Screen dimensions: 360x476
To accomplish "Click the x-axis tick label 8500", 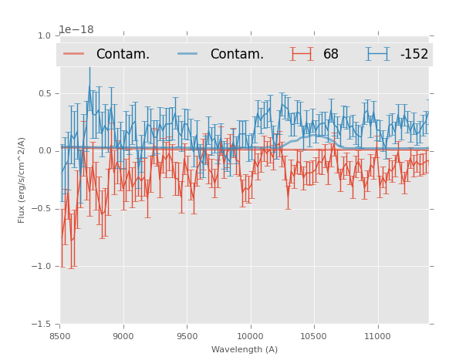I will (x=60, y=336).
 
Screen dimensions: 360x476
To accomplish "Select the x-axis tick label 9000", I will (x=123, y=336).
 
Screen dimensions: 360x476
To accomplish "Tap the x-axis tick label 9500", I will (x=187, y=336).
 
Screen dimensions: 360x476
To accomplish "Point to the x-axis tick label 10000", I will (x=250, y=336).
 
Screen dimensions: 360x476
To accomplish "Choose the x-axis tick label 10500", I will (x=313, y=336).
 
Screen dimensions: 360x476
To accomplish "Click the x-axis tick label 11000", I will (x=377, y=336).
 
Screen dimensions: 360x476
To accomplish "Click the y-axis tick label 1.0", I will (x=44, y=35).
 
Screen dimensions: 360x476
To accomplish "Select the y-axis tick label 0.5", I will (x=44, y=93).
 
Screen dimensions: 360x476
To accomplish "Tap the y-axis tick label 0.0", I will (x=44, y=151).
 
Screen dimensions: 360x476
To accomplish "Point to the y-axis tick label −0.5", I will (x=42, y=209).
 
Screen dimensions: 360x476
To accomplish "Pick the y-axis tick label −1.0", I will (x=42, y=267).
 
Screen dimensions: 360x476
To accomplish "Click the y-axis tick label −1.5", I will (x=42, y=325).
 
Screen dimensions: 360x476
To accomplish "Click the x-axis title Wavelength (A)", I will (x=245, y=349).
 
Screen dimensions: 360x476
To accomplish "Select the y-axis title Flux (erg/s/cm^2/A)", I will (x=22, y=180).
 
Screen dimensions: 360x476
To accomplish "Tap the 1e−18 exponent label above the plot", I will (x=76, y=29).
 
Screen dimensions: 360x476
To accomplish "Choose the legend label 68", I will (x=331, y=54).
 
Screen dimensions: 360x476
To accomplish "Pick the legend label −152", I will (x=414, y=54).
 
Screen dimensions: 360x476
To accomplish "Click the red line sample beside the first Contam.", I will (x=75, y=54).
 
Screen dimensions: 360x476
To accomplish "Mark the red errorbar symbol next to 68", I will (x=303, y=54).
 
